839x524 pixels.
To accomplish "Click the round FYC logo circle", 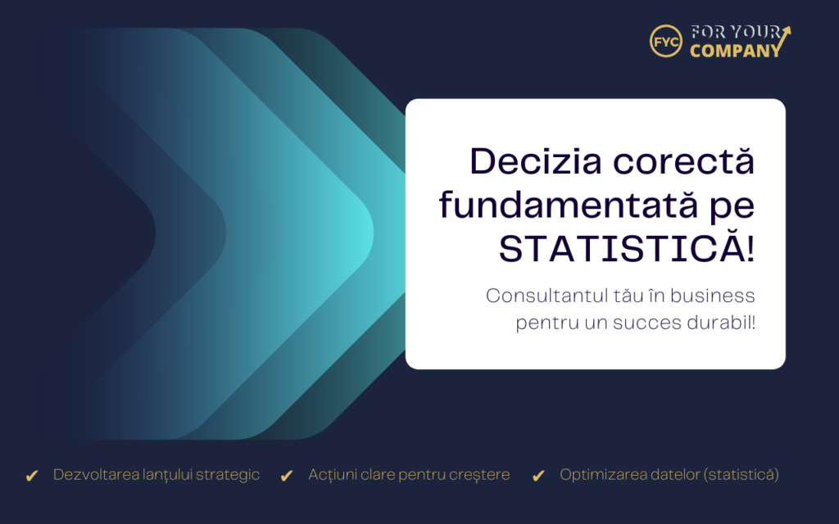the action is coord(665,41).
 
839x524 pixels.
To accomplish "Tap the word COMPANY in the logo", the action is coord(736,51).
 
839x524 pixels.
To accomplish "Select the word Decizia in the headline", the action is coord(536,161).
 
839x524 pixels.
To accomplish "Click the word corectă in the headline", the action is coord(684,161).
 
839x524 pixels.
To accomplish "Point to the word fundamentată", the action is coord(569,205).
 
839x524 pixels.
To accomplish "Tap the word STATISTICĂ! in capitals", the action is coord(627,249).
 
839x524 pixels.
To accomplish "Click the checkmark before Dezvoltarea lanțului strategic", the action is coord(32,476).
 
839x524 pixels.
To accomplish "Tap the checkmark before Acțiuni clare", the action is coord(287,476).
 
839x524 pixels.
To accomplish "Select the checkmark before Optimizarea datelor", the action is coord(539,476).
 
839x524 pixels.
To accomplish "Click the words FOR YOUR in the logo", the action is coord(736,32).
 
